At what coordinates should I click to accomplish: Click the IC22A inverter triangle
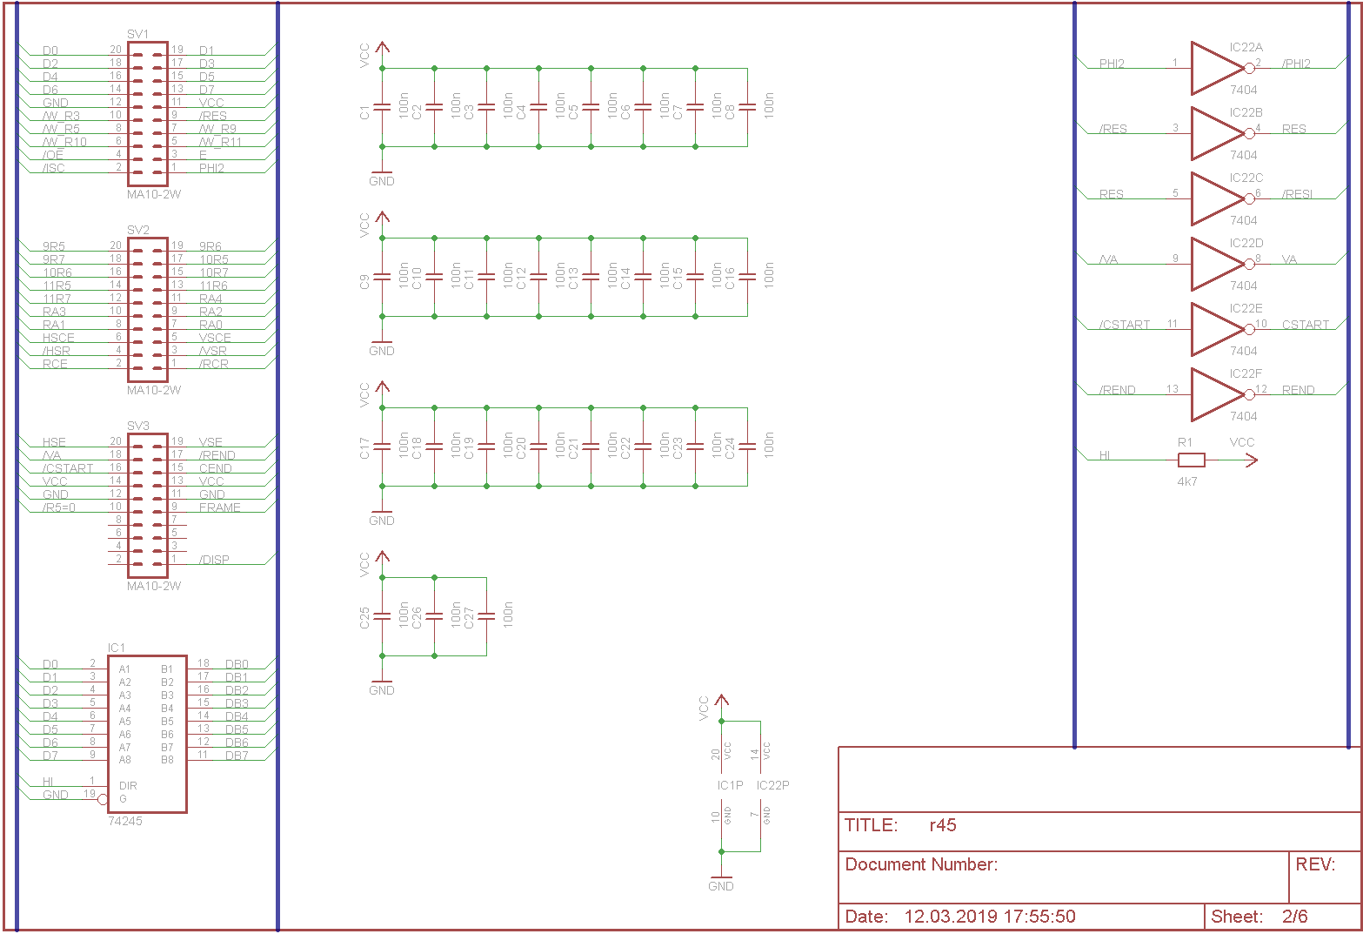[x=1216, y=68]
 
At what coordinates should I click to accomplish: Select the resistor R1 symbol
[x=1191, y=460]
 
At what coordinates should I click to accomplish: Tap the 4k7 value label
[x=1187, y=481]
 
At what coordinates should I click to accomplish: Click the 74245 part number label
[x=125, y=821]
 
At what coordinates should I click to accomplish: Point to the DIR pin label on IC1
[x=128, y=785]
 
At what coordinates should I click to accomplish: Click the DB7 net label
[x=237, y=756]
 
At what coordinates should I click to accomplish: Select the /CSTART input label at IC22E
[x=1125, y=325]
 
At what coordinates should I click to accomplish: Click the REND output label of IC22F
[x=1298, y=390]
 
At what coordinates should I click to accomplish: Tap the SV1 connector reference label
[x=138, y=34]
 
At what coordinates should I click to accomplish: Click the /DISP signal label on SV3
[x=214, y=560]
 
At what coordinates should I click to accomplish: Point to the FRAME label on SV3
[x=219, y=507]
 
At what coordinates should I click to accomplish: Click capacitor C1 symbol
[x=382, y=107]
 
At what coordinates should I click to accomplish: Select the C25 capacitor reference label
[x=364, y=618]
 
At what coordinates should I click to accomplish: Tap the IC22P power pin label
[x=772, y=785]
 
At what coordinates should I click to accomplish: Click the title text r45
[x=943, y=825]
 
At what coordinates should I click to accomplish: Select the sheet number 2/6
[x=1294, y=916]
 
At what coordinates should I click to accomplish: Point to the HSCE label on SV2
[x=58, y=338]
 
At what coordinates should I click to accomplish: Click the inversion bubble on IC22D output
[x=1250, y=264]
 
